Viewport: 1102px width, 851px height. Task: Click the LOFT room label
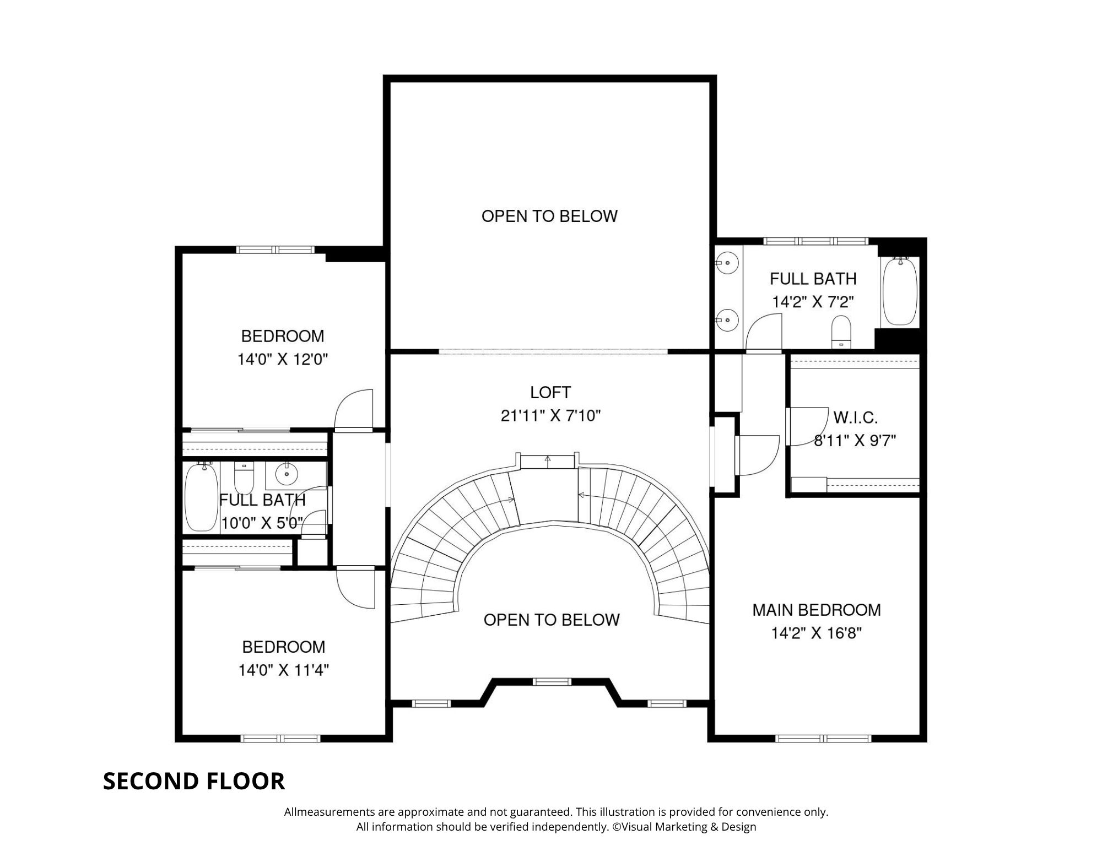(x=550, y=392)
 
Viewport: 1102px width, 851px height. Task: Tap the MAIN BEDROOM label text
(x=817, y=610)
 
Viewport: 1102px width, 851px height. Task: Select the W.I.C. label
(x=855, y=418)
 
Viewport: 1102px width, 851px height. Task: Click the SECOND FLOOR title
(x=194, y=781)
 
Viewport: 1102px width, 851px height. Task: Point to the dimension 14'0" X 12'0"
(x=283, y=360)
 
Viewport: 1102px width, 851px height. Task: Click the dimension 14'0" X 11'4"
(x=284, y=670)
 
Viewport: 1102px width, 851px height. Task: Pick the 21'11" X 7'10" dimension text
(x=550, y=415)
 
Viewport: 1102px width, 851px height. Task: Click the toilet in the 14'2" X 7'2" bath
(x=841, y=332)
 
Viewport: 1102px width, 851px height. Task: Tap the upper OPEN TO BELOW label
(x=549, y=216)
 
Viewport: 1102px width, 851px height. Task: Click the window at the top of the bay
(x=552, y=681)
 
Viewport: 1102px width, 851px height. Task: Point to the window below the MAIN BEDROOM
(x=823, y=738)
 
